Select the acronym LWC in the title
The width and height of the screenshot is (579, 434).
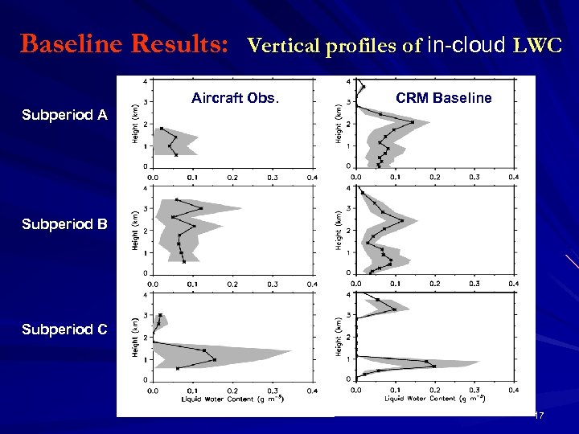536,46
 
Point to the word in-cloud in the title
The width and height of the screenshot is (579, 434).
466,45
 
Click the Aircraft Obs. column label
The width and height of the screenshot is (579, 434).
236,99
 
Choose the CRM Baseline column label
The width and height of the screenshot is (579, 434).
443,99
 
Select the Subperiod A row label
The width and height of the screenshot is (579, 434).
64,115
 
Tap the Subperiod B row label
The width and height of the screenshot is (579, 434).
64,223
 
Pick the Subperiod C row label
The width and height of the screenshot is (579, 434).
64,330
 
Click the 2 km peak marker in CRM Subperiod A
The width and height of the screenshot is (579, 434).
413,122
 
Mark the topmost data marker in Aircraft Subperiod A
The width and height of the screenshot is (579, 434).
162,129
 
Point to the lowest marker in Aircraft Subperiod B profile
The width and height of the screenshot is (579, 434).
184,261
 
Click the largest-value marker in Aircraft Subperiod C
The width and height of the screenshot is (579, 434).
215,360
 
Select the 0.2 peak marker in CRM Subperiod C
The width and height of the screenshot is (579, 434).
434,366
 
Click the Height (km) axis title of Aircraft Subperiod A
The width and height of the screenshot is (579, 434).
136,124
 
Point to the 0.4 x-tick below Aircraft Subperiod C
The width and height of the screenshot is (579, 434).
312,390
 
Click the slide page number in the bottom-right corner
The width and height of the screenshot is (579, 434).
540,416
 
